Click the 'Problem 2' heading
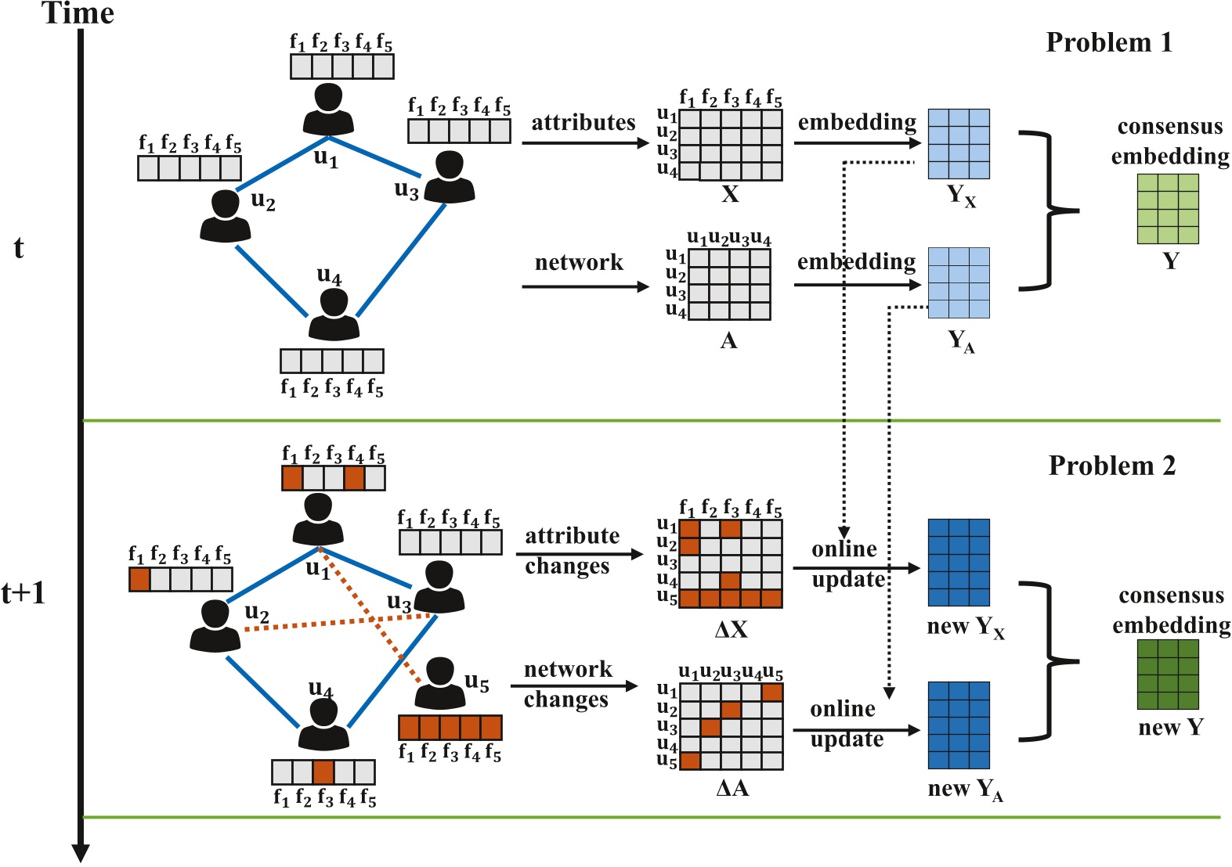coord(1111,466)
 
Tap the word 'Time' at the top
coord(78,13)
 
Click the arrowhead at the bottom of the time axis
coord(81,852)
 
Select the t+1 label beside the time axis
coord(23,593)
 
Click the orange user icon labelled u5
coord(439,682)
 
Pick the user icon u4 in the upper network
coord(334,315)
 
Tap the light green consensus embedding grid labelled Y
coord(1167,209)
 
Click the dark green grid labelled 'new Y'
coord(1167,674)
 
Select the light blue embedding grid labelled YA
coord(959,282)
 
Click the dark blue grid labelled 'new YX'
coord(959,562)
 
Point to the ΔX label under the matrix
coord(732,629)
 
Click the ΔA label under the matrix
coord(732,788)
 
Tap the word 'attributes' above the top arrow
coord(583,123)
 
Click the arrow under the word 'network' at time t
coord(585,286)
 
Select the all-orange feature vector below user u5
coord(450,727)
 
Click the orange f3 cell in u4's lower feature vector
coord(323,772)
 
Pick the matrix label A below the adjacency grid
coord(728,340)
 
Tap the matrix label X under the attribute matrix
coord(730,194)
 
